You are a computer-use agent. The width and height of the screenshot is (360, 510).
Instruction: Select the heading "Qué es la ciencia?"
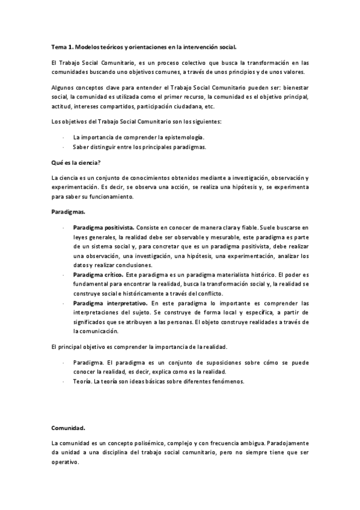pyautogui.click(x=73, y=162)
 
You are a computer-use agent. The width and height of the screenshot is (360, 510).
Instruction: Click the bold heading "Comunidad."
pyautogui.click(x=68, y=428)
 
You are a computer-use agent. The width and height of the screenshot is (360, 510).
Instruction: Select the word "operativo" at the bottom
pyautogui.click(x=65, y=463)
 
